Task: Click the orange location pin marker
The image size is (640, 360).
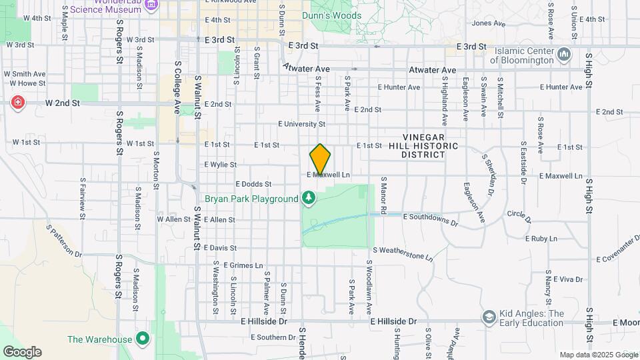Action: click(320, 159)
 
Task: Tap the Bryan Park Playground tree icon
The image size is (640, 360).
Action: click(308, 198)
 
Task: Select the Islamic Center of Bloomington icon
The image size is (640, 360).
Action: click(564, 53)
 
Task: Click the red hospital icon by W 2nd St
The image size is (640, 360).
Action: click(17, 103)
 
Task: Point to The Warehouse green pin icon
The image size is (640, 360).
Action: click(142, 339)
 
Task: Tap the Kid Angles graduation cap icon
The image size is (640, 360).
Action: click(489, 317)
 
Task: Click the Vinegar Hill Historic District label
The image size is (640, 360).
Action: click(431, 145)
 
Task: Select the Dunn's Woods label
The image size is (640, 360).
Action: click(331, 15)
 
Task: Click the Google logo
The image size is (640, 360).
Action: click(22, 351)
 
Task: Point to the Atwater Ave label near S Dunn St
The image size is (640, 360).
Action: click(307, 67)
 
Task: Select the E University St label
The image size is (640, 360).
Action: click(301, 124)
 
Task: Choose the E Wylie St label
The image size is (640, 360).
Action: click(220, 164)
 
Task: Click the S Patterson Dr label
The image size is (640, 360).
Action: click(64, 241)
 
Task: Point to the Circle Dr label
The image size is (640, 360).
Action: click(519, 216)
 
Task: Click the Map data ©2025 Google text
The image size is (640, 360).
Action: click(598, 355)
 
